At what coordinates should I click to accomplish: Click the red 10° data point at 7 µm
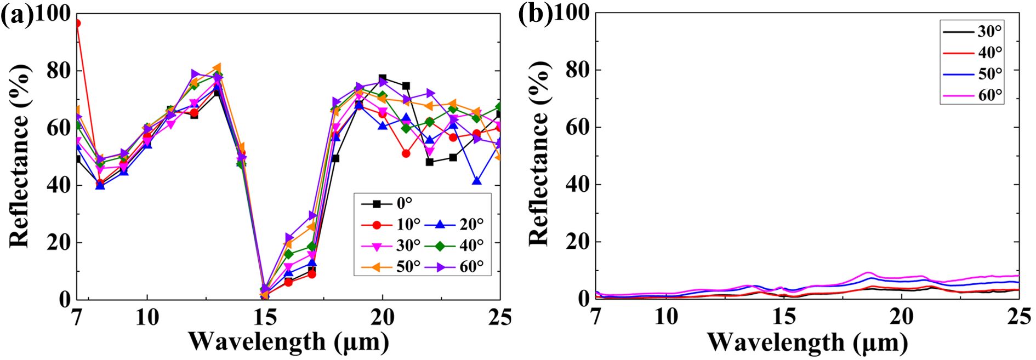click(77, 24)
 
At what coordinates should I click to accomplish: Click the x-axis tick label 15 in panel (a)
click(265, 317)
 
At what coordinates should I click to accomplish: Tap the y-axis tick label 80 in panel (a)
click(58, 71)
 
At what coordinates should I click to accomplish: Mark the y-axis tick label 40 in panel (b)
click(577, 185)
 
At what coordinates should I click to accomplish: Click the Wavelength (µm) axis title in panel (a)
click(288, 342)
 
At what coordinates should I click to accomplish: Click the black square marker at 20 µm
click(383, 79)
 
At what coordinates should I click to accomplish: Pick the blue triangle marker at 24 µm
click(477, 181)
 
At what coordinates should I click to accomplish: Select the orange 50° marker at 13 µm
click(217, 67)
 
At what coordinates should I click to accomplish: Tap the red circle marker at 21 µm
click(406, 154)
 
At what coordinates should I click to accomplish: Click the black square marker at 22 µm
click(430, 162)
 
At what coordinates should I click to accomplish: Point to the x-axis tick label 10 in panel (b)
click(667, 317)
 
